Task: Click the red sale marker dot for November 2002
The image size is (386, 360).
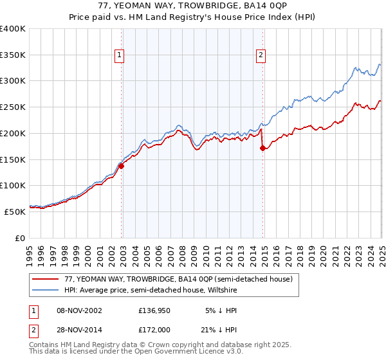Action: pos(121,166)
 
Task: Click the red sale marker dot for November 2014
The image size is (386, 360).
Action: pos(262,148)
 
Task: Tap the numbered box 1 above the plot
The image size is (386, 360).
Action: pos(120,56)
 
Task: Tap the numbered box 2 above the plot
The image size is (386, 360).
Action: pos(261,56)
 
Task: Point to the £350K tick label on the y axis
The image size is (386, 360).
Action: pos(12,55)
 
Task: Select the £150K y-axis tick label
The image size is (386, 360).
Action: pos(12,159)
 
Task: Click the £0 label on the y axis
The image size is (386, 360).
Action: pos(19,238)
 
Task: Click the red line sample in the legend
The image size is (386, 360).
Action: pos(46,279)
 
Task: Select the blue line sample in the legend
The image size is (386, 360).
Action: pos(46,290)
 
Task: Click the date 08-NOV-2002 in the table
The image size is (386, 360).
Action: pos(80,310)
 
